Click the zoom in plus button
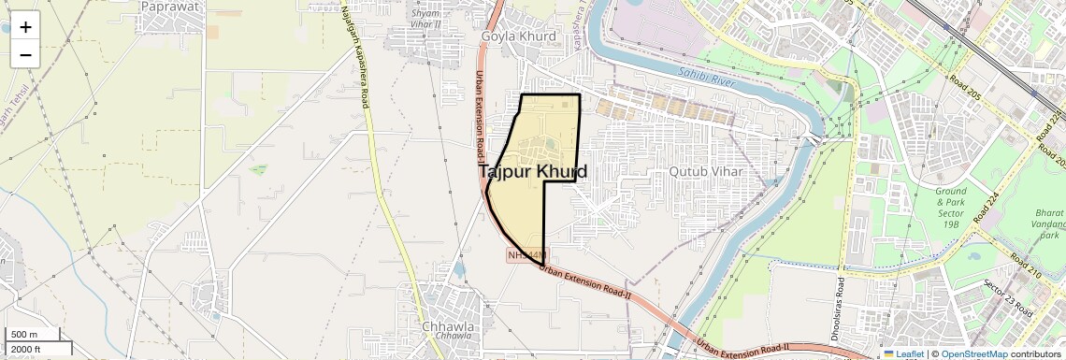click(25, 27)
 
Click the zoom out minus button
click(25, 55)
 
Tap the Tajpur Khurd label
click(533, 172)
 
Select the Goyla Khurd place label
click(518, 36)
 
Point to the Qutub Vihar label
click(705, 172)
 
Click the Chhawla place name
click(448, 327)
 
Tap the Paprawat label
click(169, 6)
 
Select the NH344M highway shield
click(527, 254)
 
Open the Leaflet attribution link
click(902, 353)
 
